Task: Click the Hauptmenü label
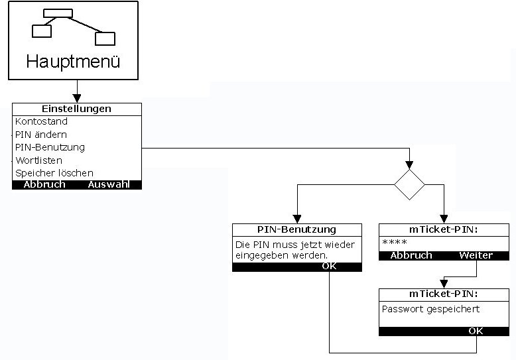(x=73, y=62)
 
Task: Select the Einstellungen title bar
(x=77, y=109)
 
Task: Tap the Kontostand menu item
(x=41, y=122)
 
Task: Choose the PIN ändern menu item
(x=41, y=135)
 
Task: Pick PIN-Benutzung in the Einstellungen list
(x=50, y=147)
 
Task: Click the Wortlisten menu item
(x=39, y=160)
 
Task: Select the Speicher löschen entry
(x=54, y=173)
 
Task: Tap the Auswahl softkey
(x=109, y=185)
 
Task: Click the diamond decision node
(x=409, y=184)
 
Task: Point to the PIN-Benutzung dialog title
(x=296, y=230)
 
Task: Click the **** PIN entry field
(x=395, y=243)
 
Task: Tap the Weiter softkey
(x=476, y=255)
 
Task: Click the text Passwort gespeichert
(x=430, y=309)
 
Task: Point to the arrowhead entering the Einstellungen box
(x=77, y=99)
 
